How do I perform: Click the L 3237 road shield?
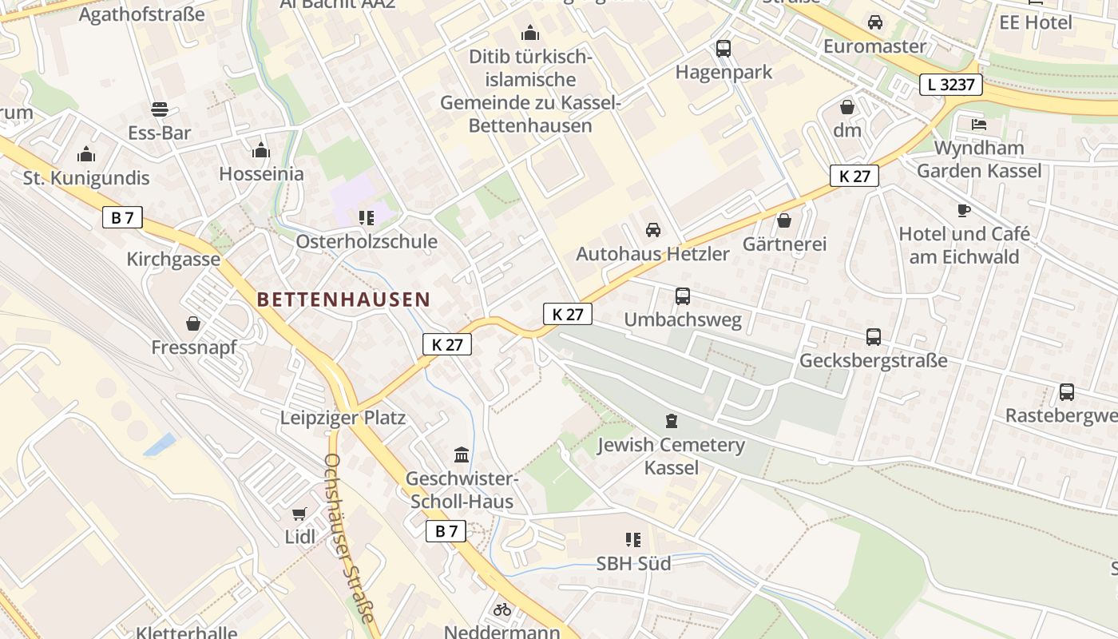[x=950, y=84]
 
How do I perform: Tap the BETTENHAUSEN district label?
[x=343, y=300]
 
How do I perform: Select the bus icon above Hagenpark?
[x=724, y=48]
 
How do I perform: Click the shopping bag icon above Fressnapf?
[x=192, y=323]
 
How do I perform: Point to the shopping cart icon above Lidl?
[x=299, y=514]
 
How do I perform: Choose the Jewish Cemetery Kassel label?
[x=671, y=456]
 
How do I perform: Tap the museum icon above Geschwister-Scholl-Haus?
[x=462, y=455]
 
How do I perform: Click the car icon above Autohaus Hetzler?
[x=653, y=230]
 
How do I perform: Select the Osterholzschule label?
[x=367, y=241]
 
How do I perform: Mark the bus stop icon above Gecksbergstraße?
[x=874, y=337]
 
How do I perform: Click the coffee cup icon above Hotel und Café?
[x=964, y=210]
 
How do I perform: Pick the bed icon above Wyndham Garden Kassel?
[x=979, y=124]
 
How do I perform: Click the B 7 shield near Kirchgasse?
[x=122, y=217]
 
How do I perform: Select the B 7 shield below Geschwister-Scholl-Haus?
[x=446, y=531]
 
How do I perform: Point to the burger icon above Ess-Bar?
[x=160, y=109]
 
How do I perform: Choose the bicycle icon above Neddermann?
[x=502, y=609]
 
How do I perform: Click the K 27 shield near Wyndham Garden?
[x=854, y=176]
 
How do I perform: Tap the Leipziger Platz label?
[x=343, y=418]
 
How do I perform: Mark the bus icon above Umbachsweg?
[x=683, y=296]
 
